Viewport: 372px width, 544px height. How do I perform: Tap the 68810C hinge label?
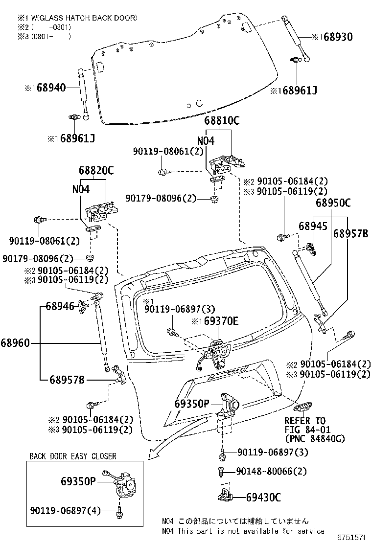[x=222, y=121]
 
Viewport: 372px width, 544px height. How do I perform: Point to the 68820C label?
[x=96, y=170]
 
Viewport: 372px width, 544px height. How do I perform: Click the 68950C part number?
[x=333, y=202]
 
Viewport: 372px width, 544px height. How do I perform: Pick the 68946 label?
[x=60, y=307]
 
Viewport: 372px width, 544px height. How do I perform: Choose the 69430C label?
[x=263, y=498]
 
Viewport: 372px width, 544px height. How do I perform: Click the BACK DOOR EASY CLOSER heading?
[x=72, y=456]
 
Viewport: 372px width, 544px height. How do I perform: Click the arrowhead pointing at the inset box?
[x=154, y=453]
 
